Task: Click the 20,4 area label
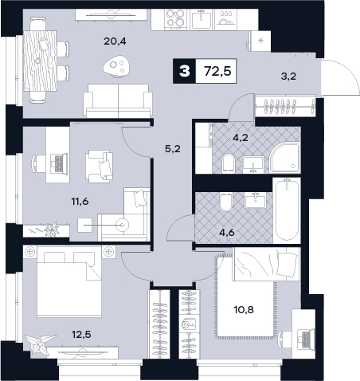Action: [x=115, y=41]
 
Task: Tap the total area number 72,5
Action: [x=217, y=71]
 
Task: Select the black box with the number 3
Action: [x=185, y=71]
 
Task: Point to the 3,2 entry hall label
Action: [x=288, y=77]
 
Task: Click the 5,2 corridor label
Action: [x=173, y=149]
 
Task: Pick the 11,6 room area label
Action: [x=80, y=202]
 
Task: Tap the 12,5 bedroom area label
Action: [x=81, y=335]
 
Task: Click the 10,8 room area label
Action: [x=244, y=309]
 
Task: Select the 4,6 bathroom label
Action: [x=227, y=233]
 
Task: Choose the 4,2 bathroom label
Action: [x=241, y=137]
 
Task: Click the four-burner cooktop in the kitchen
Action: [x=175, y=19]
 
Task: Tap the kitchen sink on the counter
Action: [x=202, y=19]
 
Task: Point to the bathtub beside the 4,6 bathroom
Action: [x=287, y=210]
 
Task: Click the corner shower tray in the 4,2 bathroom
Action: [x=285, y=158]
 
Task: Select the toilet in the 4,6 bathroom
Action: [x=226, y=202]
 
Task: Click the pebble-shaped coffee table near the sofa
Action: [x=117, y=66]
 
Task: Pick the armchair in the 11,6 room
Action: [x=100, y=167]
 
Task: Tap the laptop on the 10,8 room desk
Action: [x=306, y=339]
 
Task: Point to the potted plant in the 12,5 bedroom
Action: [x=40, y=344]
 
